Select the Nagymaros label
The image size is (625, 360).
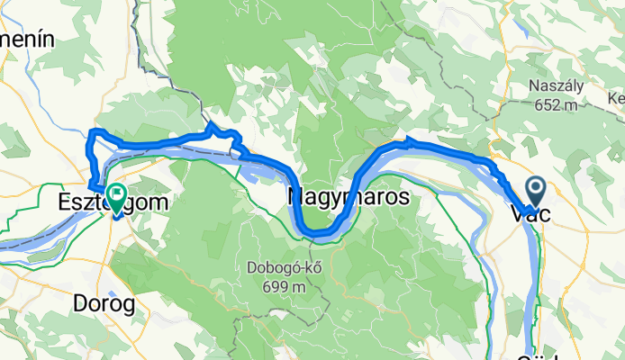click(x=349, y=196)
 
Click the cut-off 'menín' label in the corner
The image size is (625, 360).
click(x=27, y=40)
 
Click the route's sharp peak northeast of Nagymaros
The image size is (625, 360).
click(x=408, y=139)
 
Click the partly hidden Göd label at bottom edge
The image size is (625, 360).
click(x=540, y=355)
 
